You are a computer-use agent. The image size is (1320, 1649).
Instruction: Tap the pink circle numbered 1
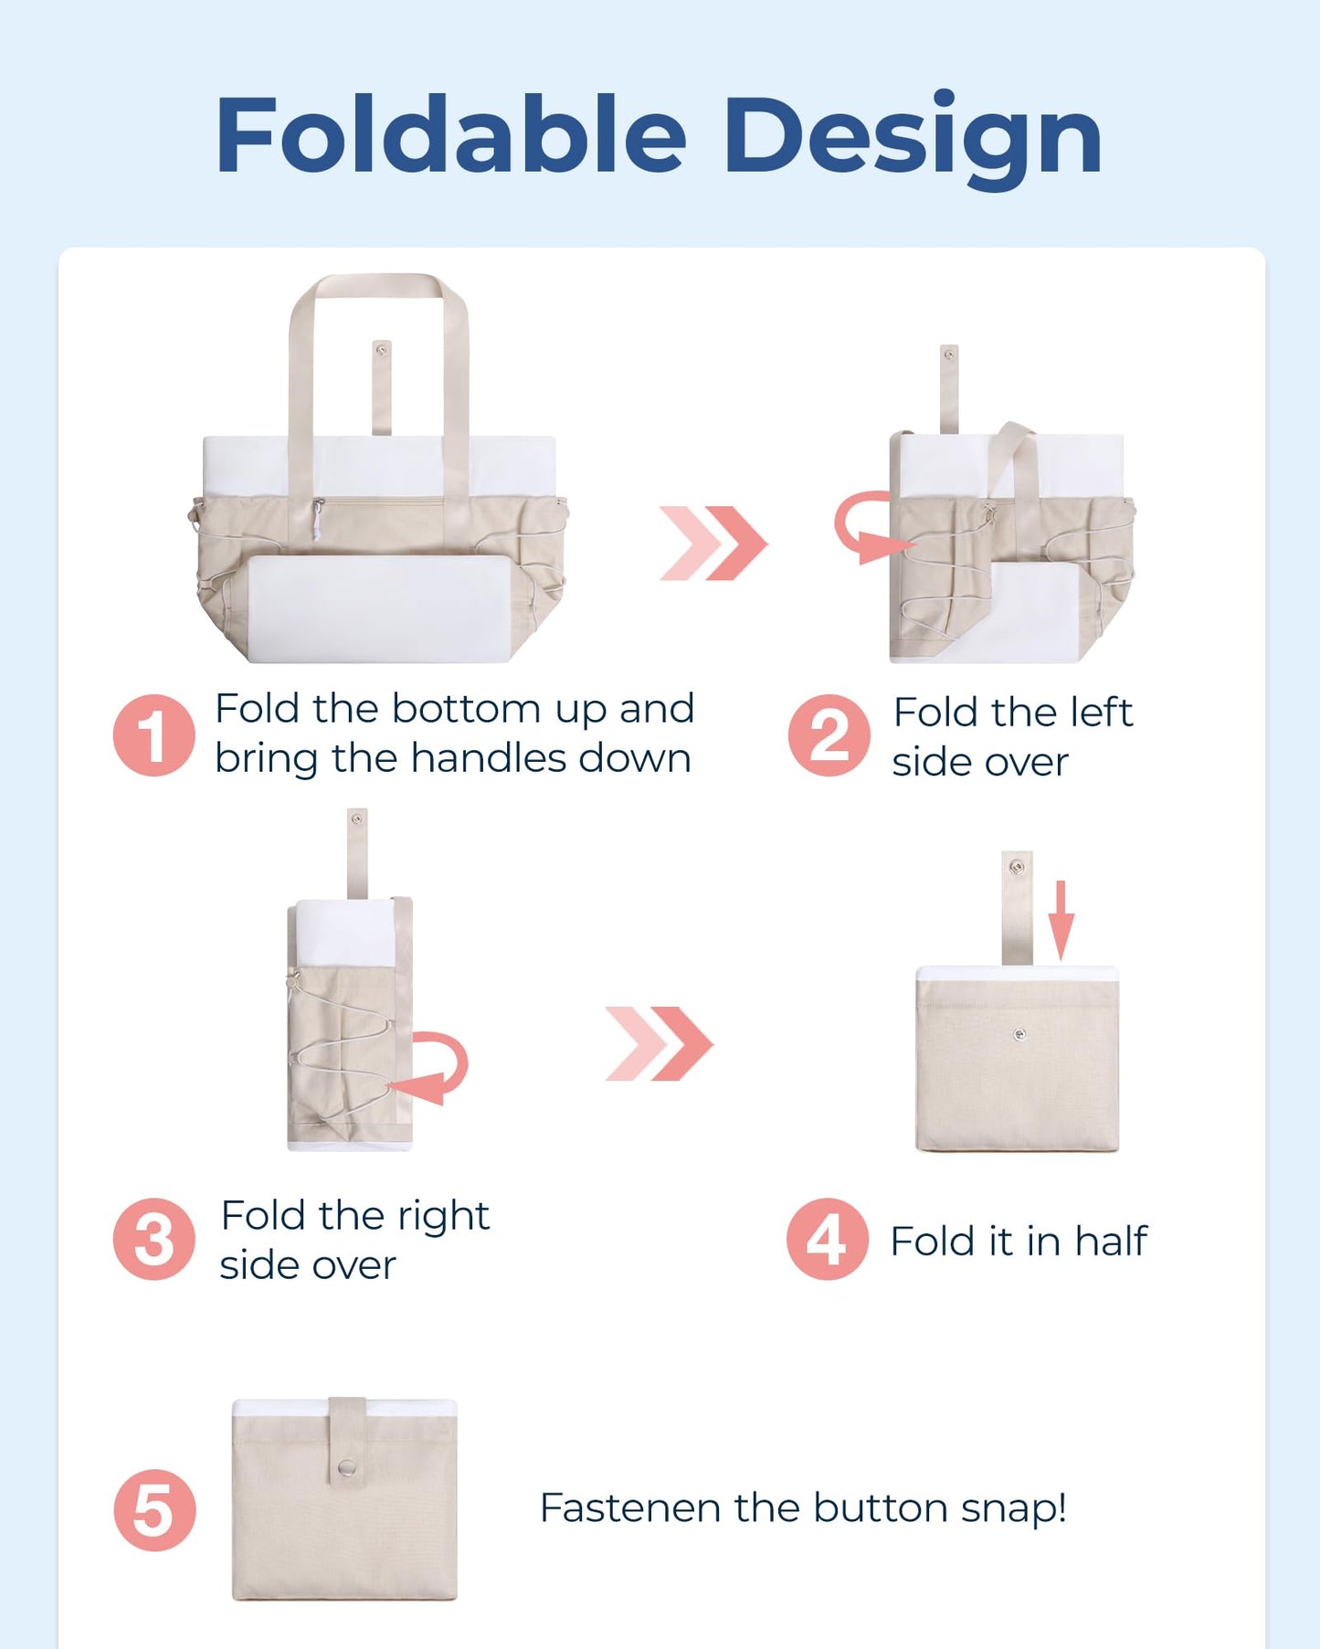pos(153,735)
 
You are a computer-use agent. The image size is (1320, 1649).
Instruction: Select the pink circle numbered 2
pos(829,735)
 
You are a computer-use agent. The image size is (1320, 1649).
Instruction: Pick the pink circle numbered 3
pos(153,1239)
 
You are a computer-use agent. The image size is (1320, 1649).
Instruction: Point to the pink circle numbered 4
pos(827,1239)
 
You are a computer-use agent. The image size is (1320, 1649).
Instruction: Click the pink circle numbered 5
pos(154,1510)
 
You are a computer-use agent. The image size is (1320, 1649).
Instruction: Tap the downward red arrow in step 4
pos(1060,919)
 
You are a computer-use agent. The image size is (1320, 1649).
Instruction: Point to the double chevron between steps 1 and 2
pos(713,543)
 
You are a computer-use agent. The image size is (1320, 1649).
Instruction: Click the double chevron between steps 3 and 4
pos(659,1043)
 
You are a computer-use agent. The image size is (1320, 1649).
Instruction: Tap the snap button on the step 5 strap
pos(346,1468)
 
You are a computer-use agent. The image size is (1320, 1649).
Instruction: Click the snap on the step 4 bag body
pos(1019,1035)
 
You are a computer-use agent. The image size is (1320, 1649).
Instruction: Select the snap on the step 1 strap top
pos(382,349)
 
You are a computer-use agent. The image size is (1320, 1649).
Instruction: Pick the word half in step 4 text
pos(1110,1241)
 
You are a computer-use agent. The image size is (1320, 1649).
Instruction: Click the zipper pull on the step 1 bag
pos(316,521)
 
